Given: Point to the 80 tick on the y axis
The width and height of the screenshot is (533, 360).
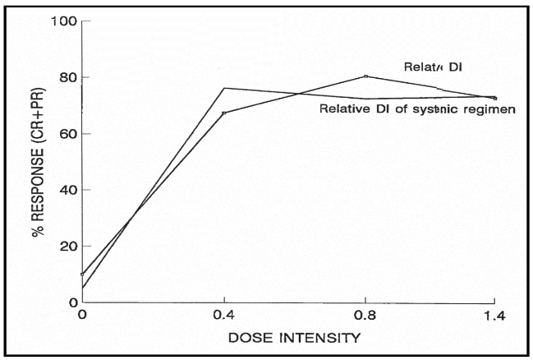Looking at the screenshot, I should click(68, 78).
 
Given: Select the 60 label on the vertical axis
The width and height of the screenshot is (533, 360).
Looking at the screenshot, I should click(68, 134).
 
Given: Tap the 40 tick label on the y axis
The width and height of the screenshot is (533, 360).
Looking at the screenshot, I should click(68, 190).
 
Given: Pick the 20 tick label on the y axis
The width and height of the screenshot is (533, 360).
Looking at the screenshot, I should click(68, 247).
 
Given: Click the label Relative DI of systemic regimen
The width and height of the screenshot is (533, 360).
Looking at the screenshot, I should click(416, 109).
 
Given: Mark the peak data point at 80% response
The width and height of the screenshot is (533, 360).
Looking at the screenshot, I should click(365, 76).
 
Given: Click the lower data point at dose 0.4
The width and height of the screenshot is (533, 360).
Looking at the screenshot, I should click(223, 113).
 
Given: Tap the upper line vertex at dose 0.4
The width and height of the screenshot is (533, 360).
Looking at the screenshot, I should click(223, 88).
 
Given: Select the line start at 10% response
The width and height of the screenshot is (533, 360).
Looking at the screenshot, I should click(83, 274).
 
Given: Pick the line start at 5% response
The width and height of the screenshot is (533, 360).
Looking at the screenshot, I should click(83, 288).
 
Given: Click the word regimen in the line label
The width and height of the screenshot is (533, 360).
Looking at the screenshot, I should click(491, 109).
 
